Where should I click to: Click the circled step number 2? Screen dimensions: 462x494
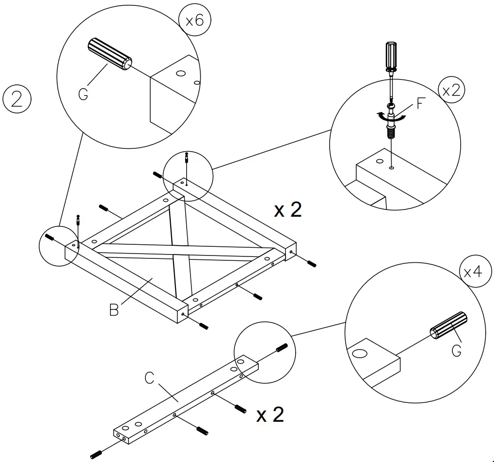[17, 99]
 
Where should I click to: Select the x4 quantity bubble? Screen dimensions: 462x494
[472, 272]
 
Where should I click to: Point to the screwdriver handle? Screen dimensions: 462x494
[391, 56]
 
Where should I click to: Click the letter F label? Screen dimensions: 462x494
[421, 103]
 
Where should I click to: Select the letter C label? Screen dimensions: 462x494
[150, 378]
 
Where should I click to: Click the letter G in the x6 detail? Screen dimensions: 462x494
[83, 94]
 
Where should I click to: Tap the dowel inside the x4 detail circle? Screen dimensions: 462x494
[449, 327]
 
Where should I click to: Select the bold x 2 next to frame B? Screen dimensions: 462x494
[287, 209]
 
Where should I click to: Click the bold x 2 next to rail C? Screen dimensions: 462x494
[270, 415]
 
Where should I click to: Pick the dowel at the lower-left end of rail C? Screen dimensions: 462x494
[97, 454]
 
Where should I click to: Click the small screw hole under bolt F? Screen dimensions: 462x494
[391, 168]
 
